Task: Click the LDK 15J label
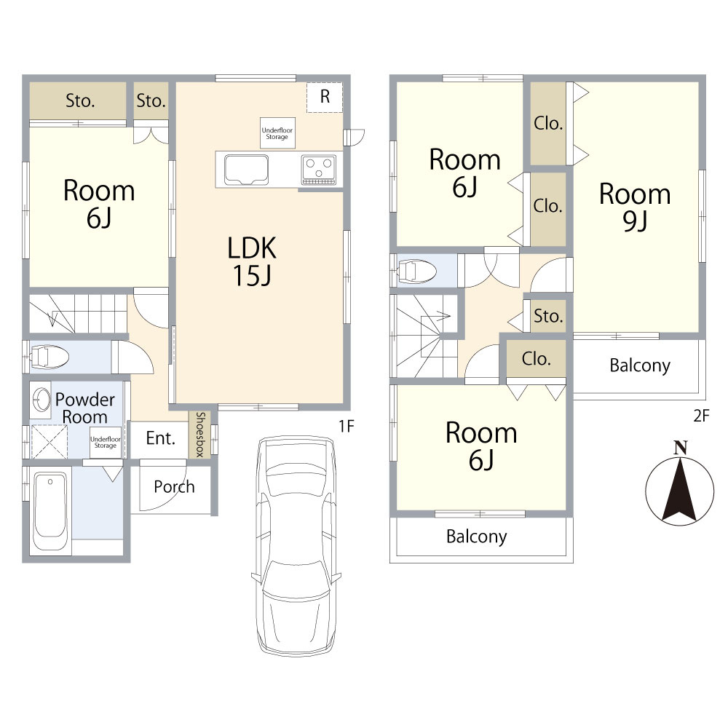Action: [x=252, y=261]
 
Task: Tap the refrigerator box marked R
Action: [x=325, y=97]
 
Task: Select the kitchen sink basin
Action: [x=246, y=170]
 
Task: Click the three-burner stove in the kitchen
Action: [x=319, y=170]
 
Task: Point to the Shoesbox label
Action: [x=200, y=434]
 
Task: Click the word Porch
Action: [x=174, y=486]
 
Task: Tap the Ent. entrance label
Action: [x=161, y=438]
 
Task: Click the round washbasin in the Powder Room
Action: [x=41, y=399]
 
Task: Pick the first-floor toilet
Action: [x=49, y=357]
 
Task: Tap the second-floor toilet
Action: [x=416, y=271]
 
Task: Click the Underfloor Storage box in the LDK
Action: [x=277, y=133]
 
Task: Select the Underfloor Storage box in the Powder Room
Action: [x=106, y=442]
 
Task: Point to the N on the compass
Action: [x=680, y=448]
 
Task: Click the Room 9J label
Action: [x=635, y=207]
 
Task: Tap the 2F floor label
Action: [x=701, y=415]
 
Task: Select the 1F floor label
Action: [x=347, y=426]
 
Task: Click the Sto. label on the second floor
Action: [x=548, y=316]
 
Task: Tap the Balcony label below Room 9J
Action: [x=640, y=365]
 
